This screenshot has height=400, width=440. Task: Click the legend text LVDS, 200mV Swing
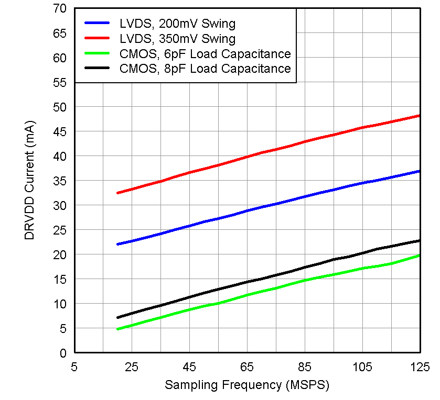[177, 24]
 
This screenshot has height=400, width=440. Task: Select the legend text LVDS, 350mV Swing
[177, 39]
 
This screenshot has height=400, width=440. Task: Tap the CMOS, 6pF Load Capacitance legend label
[205, 54]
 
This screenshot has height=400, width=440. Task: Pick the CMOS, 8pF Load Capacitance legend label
[205, 69]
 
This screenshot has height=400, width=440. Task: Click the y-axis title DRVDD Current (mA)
[30, 181]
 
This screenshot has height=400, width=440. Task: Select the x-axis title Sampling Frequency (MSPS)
[247, 385]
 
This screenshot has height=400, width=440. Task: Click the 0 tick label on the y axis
[63, 353]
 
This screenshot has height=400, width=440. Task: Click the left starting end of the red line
[118, 193]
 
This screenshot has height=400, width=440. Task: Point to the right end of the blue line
[420, 171]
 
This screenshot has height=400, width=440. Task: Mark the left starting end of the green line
[118, 329]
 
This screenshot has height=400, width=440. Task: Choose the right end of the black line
[420, 241]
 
